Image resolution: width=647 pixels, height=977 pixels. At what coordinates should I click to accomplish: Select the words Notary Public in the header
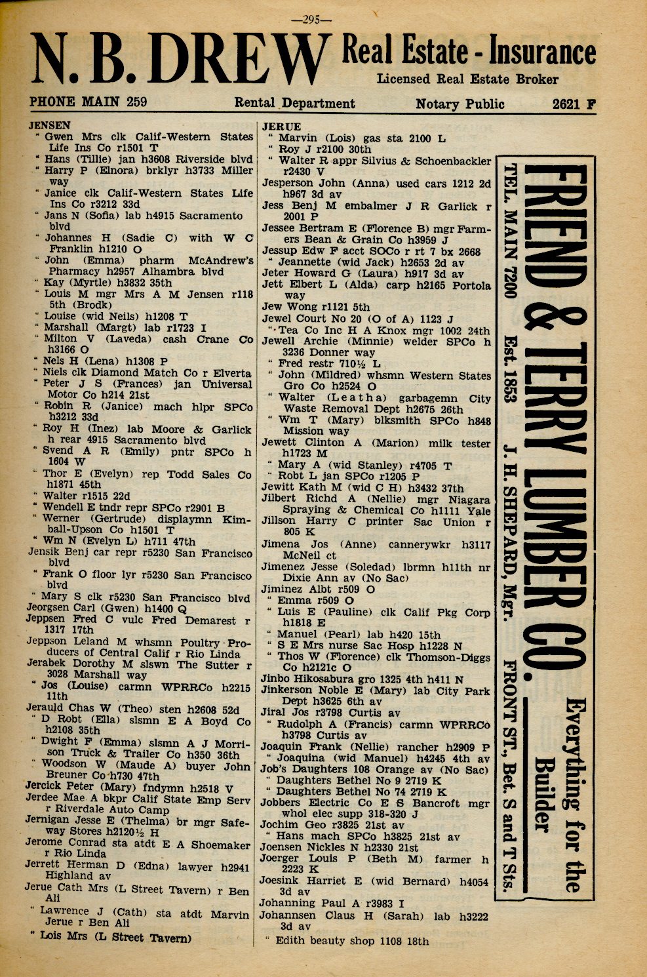coord(460,104)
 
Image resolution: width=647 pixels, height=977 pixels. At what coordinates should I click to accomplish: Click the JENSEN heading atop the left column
coord(50,125)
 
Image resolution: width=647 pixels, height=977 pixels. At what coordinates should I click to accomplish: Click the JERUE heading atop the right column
coord(282,127)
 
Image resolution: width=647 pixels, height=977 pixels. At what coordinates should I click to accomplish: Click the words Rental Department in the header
coord(295,104)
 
